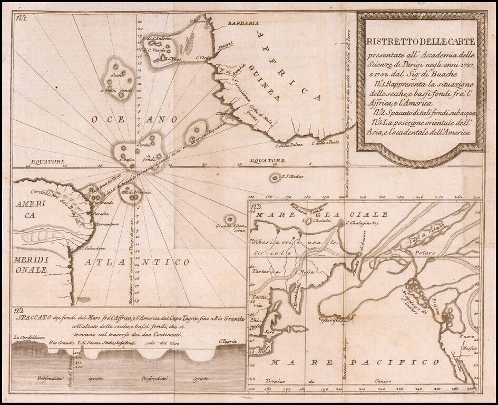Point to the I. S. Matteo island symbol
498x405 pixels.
point(275,178)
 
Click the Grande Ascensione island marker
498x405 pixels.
point(230,218)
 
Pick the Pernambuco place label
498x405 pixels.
point(105,224)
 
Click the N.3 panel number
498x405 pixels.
point(257,207)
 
